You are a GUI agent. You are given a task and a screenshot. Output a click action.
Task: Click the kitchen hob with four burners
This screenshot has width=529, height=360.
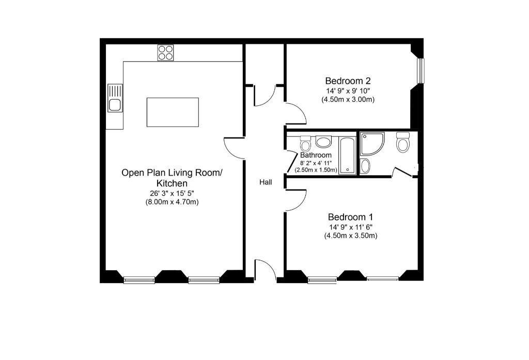coord(166,53)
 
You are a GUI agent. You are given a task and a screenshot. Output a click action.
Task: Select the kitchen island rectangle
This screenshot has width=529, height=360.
coord(173,113)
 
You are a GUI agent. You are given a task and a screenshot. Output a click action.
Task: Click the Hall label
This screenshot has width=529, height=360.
coord(266,182)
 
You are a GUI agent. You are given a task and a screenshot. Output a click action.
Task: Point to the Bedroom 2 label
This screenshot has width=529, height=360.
coord(348,81)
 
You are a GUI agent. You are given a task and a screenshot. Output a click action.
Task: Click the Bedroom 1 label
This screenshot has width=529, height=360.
coord(351,216)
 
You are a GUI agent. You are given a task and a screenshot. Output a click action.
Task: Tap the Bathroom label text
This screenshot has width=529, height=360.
coord(316,155)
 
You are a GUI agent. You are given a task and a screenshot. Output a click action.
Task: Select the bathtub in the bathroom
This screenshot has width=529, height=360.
coord(347,155)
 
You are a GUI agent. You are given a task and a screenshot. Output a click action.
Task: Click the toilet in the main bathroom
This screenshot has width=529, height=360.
coord(305,144)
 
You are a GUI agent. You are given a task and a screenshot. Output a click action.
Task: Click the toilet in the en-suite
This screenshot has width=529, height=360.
coord(403,142)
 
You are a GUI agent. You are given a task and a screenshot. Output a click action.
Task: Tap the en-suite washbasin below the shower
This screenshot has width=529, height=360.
coord(365,166)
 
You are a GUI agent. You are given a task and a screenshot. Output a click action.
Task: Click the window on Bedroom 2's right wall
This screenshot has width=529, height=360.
coord(421,71)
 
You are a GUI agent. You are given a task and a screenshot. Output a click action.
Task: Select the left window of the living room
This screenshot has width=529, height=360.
coord(139,279)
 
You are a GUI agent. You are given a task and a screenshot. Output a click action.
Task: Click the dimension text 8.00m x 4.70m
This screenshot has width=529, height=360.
coord(172,202)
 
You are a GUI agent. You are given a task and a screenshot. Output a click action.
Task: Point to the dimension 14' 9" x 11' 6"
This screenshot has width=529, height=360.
coord(351,227)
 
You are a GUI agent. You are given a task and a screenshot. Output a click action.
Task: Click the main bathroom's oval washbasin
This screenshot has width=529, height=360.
coord(323,141)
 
